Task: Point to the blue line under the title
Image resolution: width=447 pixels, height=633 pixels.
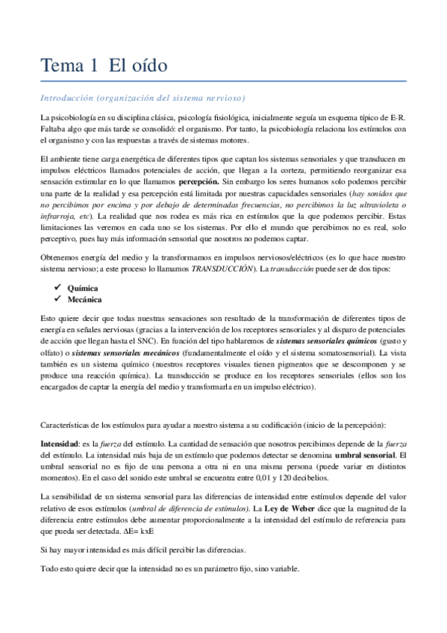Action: coord(223,81)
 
